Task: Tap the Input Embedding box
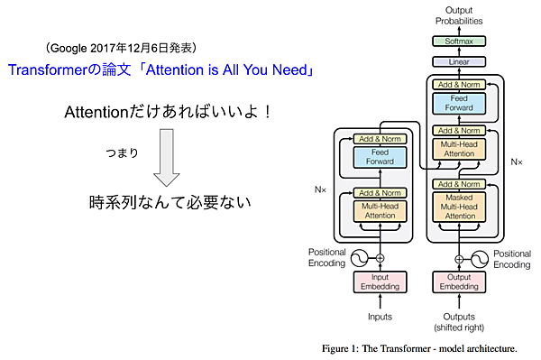tap(380, 282)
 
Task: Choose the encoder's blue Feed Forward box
tap(380, 159)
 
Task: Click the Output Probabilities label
tap(459, 14)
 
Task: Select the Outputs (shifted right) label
tap(459, 320)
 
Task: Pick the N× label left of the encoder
tap(320, 191)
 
